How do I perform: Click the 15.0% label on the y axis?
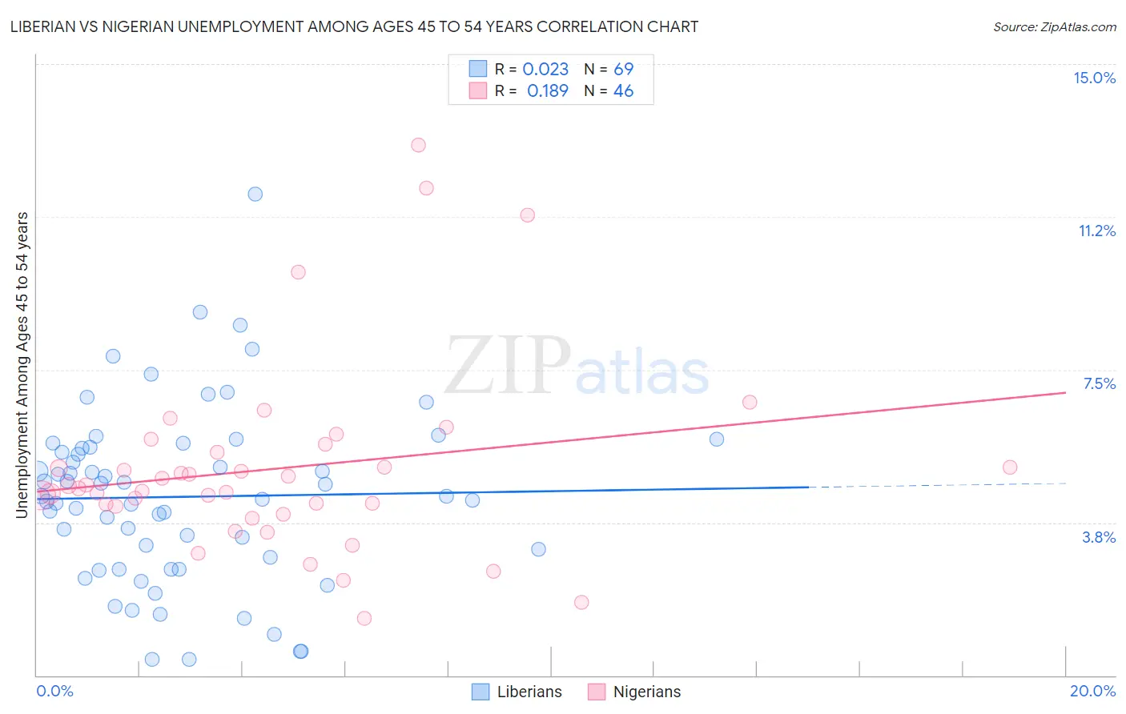pyautogui.click(x=1094, y=78)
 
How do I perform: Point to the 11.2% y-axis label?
pyautogui.click(x=1096, y=231)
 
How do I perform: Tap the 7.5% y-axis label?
pyautogui.click(x=1099, y=383)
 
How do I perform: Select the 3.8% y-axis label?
pyautogui.click(x=1099, y=537)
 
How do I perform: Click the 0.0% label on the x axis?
pyautogui.click(x=54, y=691)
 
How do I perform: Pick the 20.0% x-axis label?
pyautogui.click(x=1092, y=691)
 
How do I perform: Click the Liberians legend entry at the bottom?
pyautogui.click(x=517, y=692)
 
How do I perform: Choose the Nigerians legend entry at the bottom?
pyautogui.click(x=634, y=692)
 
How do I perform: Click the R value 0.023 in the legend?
pyautogui.click(x=545, y=70)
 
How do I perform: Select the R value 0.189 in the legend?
pyautogui.click(x=547, y=91)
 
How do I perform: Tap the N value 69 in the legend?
pyautogui.click(x=623, y=70)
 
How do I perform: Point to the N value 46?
pyautogui.click(x=623, y=91)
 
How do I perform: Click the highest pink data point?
pyautogui.click(x=418, y=145)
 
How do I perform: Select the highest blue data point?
pyautogui.click(x=255, y=194)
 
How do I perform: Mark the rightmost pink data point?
pyautogui.click(x=1010, y=467)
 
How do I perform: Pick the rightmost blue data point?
pyautogui.click(x=717, y=439)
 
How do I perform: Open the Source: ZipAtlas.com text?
pyautogui.click(x=1054, y=27)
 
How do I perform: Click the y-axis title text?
pyautogui.click(x=22, y=365)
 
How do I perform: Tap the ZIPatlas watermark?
pyautogui.click(x=577, y=367)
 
